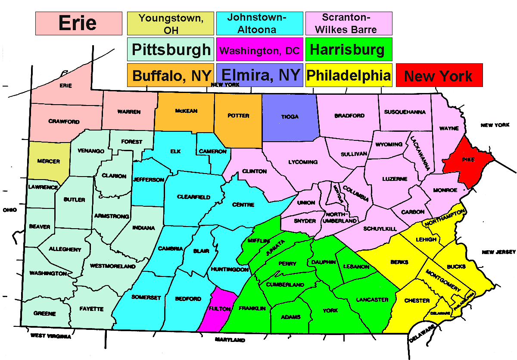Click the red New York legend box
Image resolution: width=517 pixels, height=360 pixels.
click(439, 76)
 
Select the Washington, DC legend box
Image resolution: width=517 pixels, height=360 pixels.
click(259, 50)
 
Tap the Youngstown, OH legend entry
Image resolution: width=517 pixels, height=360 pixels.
click(171, 24)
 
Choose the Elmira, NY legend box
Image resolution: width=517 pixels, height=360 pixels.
click(260, 75)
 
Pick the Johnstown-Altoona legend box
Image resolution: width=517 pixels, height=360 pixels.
click(259, 24)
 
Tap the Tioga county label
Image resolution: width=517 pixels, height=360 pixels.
click(290, 117)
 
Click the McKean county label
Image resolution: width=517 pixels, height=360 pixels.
click(186, 111)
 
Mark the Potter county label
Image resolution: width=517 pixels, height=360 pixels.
click(238, 116)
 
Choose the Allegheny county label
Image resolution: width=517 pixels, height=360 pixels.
click(65, 249)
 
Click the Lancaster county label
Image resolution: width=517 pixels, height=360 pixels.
click(372, 300)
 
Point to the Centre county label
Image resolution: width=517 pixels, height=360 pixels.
click(243, 205)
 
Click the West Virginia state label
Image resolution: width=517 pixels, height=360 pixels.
click(50, 336)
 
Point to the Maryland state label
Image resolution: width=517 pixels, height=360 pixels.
click(229, 340)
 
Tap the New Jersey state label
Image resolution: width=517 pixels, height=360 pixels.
click(499, 252)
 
